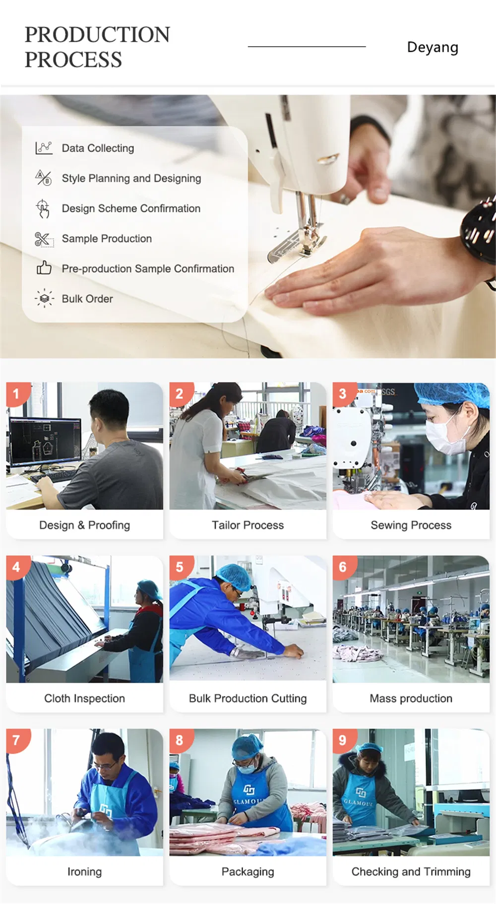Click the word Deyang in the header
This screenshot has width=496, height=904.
(x=433, y=48)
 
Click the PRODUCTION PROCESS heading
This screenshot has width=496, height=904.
(x=97, y=47)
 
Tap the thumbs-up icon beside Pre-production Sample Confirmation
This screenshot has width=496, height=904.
(x=44, y=268)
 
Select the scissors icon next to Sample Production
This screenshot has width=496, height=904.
(x=44, y=239)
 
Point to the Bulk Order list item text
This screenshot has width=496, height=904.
(x=87, y=299)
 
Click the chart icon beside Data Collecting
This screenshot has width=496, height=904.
(x=44, y=148)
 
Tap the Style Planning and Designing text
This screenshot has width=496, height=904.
(x=131, y=178)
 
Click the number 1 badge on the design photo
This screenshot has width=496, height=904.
(x=17, y=394)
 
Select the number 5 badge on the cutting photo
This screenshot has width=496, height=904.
(x=180, y=567)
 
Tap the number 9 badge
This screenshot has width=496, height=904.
(x=343, y=740)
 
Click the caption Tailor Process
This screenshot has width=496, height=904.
(x=248, y=525)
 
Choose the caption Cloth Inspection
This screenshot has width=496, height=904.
(x=84, y=698)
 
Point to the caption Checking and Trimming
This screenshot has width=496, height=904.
(x=411, y=872)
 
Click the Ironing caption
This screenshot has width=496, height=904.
(x=84, y=872)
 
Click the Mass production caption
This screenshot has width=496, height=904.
(x=411, y=698)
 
